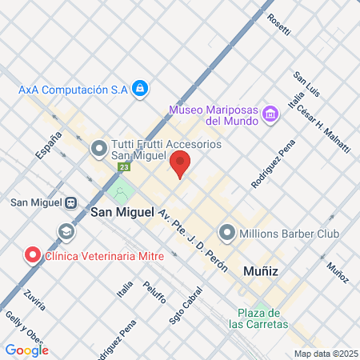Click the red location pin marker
coord(180,163)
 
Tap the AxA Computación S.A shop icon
coord(140,87)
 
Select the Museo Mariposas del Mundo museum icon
coord(271,114)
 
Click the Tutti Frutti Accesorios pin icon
coord(100,148)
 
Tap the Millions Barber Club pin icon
coord(227,234)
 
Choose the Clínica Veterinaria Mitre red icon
coord(33,256)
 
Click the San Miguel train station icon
coord(71,202)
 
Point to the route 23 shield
coord(124,167)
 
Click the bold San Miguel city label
coord(122,213)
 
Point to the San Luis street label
coord(306,84)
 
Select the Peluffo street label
coord(154,292)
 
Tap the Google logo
coord(26,350)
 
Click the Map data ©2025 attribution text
coord(324,354)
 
